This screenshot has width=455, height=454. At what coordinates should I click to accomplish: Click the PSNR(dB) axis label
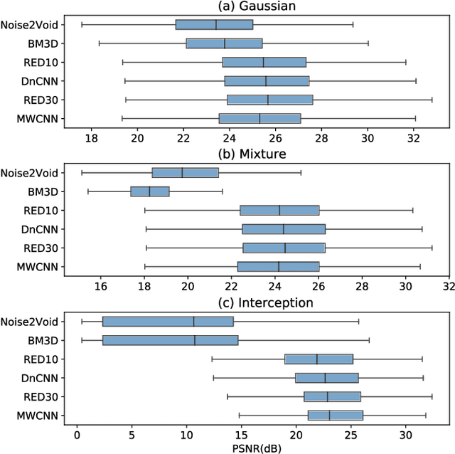coord(258,447)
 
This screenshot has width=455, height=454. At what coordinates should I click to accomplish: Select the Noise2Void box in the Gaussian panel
coord(214,25)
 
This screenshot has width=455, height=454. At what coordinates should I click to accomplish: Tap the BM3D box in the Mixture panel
coord(150,191)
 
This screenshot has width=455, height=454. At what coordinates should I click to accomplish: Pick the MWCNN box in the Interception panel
coord(335,415)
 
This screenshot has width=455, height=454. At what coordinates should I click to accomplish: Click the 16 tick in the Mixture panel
coord(101,285)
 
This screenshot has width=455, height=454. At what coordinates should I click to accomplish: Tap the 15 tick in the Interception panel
coord(241,433)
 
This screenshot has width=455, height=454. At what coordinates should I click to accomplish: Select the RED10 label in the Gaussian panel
coord(42,62)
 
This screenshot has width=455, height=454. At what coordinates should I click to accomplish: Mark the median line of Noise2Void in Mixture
coord(183,172)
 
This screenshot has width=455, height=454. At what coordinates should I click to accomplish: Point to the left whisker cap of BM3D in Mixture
coord(88,191)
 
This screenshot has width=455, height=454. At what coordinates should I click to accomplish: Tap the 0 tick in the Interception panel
coord(77,433)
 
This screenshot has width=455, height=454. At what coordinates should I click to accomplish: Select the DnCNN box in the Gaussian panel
coord(267,80)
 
